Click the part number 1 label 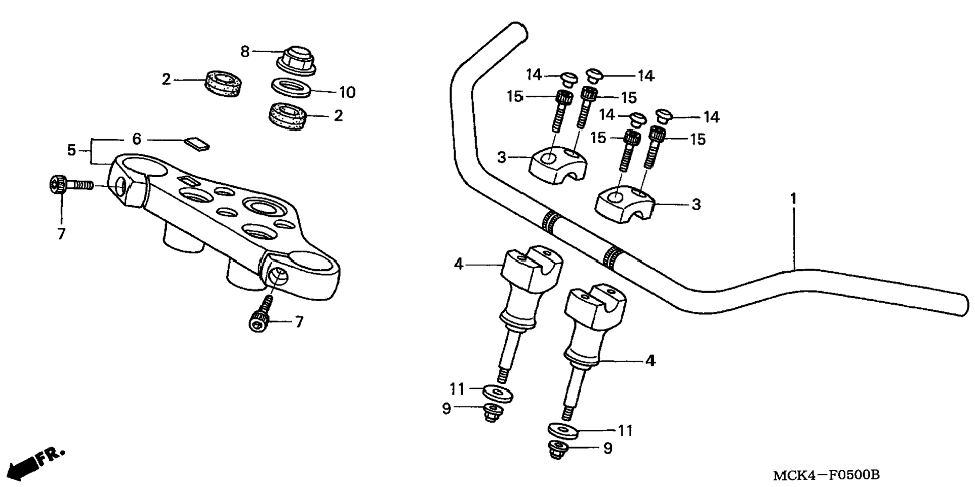(x=793, y=198)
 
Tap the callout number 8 (x=245, y=52)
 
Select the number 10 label (x=347, y=93)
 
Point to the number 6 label (x=137, y=139)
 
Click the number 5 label (x=72, y=150)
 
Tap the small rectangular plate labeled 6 (x=196, y=143)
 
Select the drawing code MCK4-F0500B (x=826, y=475)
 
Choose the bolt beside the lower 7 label (x=261, y=314)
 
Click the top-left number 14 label (x=534, y=75)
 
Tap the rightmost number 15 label (x=698, y=139)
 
